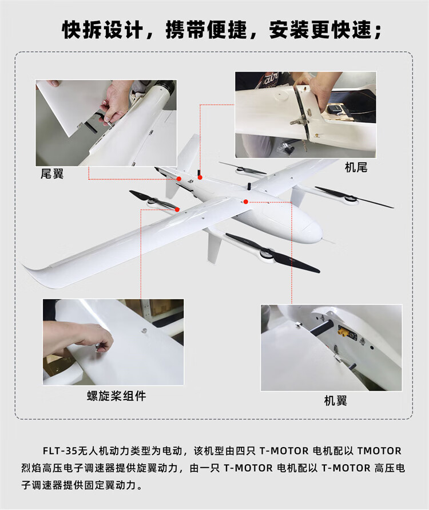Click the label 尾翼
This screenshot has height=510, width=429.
click(x=52, y=173)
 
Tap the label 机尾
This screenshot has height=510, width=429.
click(x=356, y=167)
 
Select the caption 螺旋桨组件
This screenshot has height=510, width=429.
click(x=116, y=396)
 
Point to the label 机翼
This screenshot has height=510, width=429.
click(x=335, y=401)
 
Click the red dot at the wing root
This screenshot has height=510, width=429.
click(x=246, y=201)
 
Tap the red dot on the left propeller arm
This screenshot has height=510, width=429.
click(x=177, y=209)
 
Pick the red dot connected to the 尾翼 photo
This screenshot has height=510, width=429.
click(x=178, y=179)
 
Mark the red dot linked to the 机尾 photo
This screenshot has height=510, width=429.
click(x=200, y=177)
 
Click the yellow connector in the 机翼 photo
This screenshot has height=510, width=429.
click(x=344, y=332)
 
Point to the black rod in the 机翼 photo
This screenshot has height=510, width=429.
click(x=321, y=326)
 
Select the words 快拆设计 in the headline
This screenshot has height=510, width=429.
click(x=102, y=30)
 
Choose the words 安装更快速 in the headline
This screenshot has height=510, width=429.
click(x=320, y=30)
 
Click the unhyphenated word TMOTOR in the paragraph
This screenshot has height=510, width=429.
click(x=379, y=451)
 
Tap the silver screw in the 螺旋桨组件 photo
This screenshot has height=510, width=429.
click(x=144, y=331)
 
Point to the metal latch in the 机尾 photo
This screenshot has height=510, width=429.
click(x=299, y=121)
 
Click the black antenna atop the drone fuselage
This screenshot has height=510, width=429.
click(x=249, y=187)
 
